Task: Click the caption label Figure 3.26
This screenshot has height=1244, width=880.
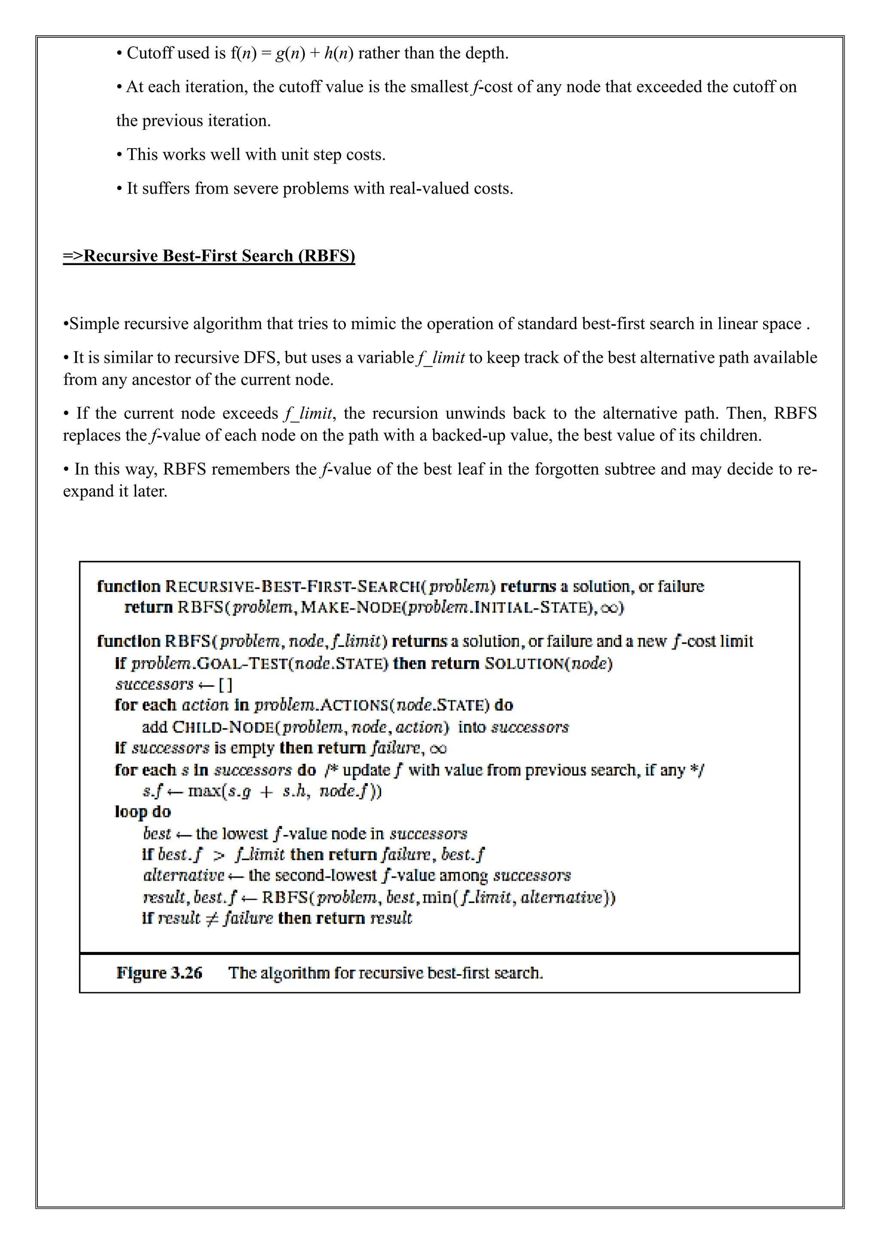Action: [x=159, y=973]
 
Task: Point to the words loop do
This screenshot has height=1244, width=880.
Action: [x=143, y=811]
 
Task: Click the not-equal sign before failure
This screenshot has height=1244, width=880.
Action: [x=212, y=918]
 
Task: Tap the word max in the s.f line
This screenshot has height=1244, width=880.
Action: [x=203, y=791]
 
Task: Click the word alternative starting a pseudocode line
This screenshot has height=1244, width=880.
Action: [x=184, y=875]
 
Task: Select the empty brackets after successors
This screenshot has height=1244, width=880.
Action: [x=226, y=684]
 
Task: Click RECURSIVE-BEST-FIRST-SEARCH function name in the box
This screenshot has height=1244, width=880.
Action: [x=293, y=586]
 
